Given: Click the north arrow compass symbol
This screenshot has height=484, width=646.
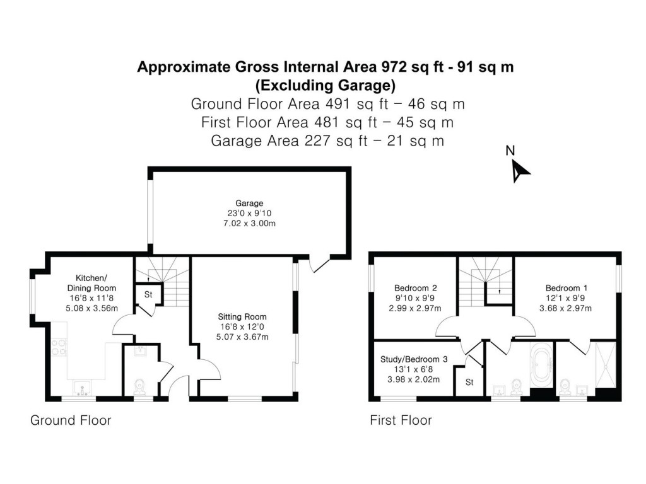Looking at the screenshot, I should pos(520,170).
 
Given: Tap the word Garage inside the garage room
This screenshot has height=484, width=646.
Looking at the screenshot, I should pos(249,203).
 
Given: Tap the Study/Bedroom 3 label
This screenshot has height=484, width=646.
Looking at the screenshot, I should pos(413,359).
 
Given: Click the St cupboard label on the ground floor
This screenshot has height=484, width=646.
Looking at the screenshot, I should pos(149,294).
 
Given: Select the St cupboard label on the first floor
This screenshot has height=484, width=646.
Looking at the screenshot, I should pos(469,382).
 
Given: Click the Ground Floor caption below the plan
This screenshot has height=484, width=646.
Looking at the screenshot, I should pos(71,420).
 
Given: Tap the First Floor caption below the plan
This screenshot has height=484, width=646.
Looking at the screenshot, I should pos(401,420).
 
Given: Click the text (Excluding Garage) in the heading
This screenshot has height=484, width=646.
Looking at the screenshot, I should pos(325,84).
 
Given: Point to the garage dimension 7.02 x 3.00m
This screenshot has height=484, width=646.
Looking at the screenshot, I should pos(249,223).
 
